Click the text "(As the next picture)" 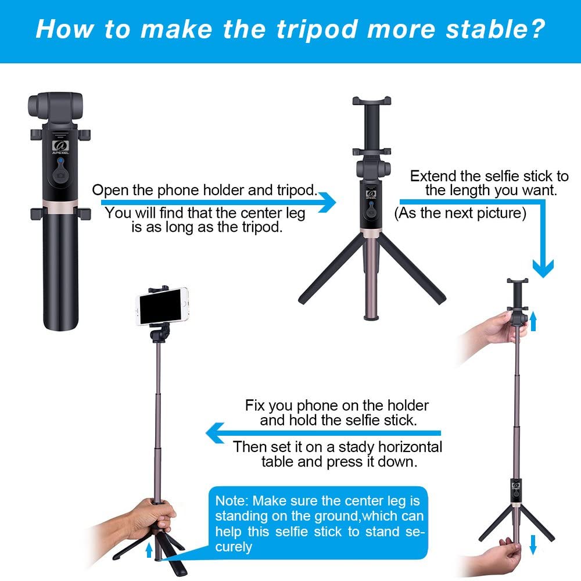tap(460, 213)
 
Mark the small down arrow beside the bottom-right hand tap(533, 544)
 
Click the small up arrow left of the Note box tap(149, 550)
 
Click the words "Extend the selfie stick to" tap(489, 176)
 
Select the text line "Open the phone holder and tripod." tap(205, 190)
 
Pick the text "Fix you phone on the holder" tap(337, 405)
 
